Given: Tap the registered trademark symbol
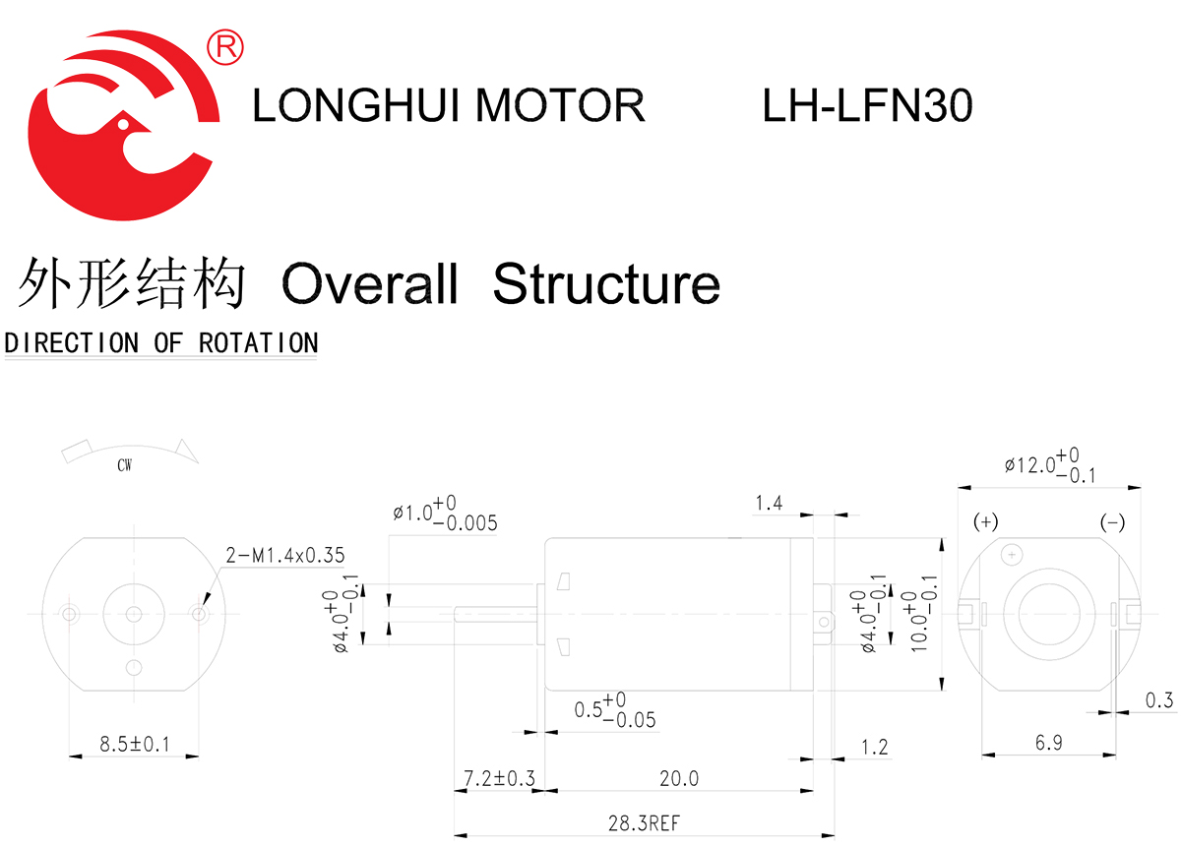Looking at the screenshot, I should coord(225,45).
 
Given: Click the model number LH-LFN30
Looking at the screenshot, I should coord(867,105).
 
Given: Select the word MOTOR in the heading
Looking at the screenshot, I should coord(560,105).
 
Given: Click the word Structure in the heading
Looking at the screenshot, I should coord(606,284).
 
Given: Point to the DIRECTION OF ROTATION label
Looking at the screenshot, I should coord(161,343).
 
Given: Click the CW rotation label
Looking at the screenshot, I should coord(124,466).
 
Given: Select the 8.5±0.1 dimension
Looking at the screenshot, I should coord(135,745).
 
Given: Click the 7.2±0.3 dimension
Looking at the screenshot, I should coord(499,779).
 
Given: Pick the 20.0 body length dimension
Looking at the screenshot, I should coord(679,779).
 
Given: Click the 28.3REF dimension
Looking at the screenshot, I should coord(643,823).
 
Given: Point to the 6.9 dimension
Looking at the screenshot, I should coord(1049,743).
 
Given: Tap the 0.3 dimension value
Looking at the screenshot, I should coord(1159,700).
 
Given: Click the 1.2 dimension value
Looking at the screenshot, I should coord(874,748).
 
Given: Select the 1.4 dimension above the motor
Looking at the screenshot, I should coord(768,504).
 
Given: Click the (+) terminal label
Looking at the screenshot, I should coord(985,522).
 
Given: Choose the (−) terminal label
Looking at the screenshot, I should coord(1112,522).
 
